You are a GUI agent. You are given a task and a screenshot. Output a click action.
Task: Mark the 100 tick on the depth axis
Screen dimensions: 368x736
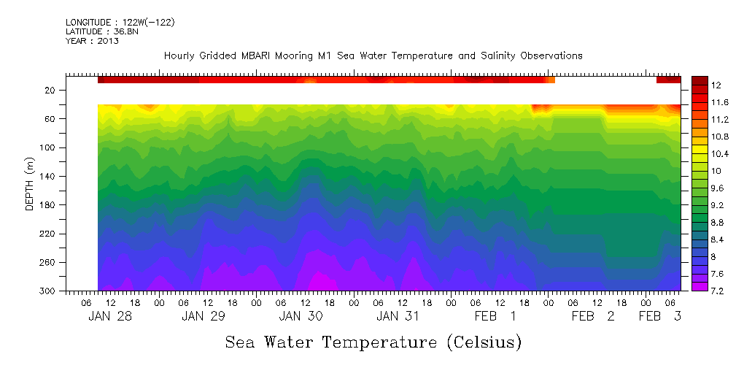point(49,147)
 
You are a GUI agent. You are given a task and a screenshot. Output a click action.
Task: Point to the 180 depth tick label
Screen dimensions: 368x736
point(49,205)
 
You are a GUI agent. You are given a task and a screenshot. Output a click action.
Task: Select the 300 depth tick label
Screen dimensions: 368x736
point(49,291)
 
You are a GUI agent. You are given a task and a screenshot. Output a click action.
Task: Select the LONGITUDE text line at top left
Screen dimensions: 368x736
point(120,23)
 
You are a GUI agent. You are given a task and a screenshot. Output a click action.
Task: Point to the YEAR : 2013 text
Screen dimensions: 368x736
point(92,41)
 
